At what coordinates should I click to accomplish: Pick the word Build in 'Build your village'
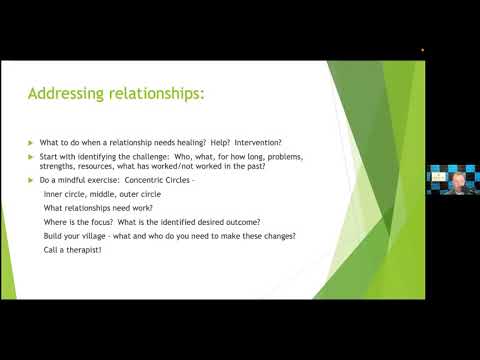click(x=52, y=235)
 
